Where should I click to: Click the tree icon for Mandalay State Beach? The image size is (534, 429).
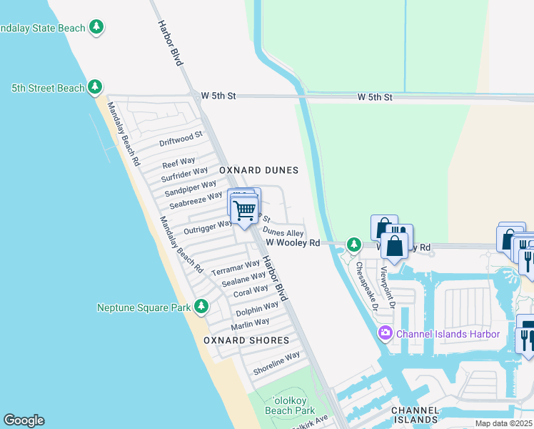96,28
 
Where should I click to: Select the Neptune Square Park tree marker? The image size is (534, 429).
201,307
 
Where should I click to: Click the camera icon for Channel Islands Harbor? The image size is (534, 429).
386,333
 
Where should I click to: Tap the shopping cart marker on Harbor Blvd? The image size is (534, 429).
244,209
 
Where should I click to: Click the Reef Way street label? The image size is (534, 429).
178,163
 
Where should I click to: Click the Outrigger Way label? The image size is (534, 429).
207,227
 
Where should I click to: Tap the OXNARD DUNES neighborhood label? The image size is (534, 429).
258,170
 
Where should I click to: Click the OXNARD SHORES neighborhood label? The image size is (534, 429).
246,340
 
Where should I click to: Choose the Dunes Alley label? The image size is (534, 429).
283,232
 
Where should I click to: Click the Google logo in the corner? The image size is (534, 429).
24,420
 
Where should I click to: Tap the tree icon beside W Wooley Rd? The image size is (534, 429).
353,245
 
